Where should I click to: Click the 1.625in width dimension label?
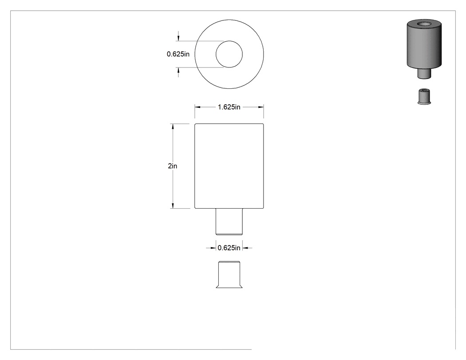point(229,107)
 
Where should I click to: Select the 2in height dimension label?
point(172,166)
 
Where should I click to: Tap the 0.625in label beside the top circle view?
point(178,54)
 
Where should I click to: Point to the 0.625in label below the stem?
point(229,248)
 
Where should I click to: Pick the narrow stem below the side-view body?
point(229,222)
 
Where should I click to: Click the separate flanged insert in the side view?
point(229,274)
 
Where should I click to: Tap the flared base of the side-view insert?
point(229,286)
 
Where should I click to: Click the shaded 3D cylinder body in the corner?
point(424,44)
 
